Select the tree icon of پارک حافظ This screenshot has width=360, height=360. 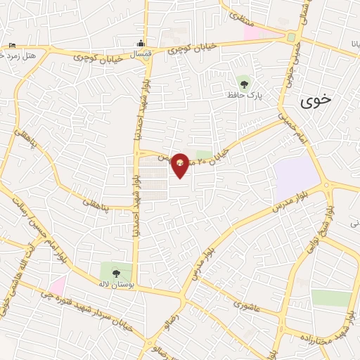244,84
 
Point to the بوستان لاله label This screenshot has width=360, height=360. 116,285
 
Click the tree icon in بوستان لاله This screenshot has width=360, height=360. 116,274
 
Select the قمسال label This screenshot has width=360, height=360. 141,53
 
